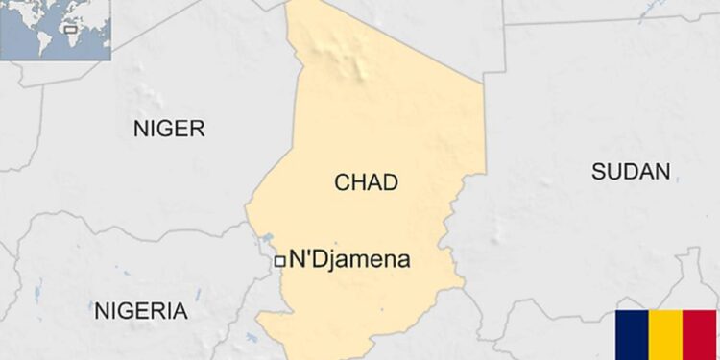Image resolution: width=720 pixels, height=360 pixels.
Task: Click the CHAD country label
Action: pyautogui.click(x=366, y=182)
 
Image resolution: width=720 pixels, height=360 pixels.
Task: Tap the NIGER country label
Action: pyautogui.click(x=169, y=129)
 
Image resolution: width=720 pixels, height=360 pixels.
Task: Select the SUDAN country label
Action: pyautogui.click(x=630, y=172)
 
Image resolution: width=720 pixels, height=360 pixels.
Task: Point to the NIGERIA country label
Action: pyautogui.click(x=140, y=310)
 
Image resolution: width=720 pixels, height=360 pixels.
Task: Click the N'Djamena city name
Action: pyautogui.click(x=349, y=259)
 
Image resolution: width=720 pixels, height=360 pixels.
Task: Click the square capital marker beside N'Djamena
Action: pyautogui.click(x=279, y=260)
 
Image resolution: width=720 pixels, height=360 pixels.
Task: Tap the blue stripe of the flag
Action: pyautogui.click(x=633, y=335)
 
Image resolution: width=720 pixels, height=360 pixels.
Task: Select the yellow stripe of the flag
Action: pyautogui.click(x=666, y=335)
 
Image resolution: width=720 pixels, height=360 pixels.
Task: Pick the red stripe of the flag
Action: pyautogui.click(x=700, y=335)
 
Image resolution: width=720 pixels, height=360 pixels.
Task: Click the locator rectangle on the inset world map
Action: pyautogui.click(x=69, y=29)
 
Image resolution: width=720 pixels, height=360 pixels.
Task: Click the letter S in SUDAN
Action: pyautogui.click(x=598, y=172)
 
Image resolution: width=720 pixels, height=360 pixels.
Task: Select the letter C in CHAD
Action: pyautogui.click(x=342, y=182)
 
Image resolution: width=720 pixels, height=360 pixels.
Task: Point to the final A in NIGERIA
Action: pyautogui.click(x=180, y=310)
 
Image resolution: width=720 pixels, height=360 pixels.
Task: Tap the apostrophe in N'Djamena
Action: pyautogui.click(x=305, y=254)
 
